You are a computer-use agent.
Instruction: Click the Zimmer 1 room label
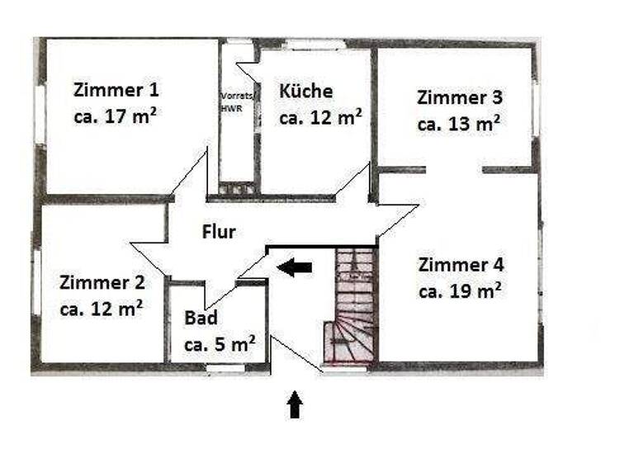point(116,89)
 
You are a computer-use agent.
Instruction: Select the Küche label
point(306,91)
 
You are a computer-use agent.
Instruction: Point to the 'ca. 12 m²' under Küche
point(320,116)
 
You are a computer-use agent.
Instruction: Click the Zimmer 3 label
point(460,97)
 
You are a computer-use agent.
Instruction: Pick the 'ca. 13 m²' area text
point(460,124)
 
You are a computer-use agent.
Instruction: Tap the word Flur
point(219,232)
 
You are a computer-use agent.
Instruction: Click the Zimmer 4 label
point(461,265)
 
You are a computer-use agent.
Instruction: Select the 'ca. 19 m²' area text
point(461,290)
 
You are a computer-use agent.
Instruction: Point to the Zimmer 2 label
point(102,283)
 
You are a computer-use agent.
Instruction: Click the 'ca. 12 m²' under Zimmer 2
point(102,308)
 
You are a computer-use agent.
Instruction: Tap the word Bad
point(201,318)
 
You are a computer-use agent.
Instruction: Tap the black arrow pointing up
point(295,405)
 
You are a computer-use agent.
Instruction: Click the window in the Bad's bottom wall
point(225,369)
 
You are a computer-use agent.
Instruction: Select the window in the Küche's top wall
point(315,44)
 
